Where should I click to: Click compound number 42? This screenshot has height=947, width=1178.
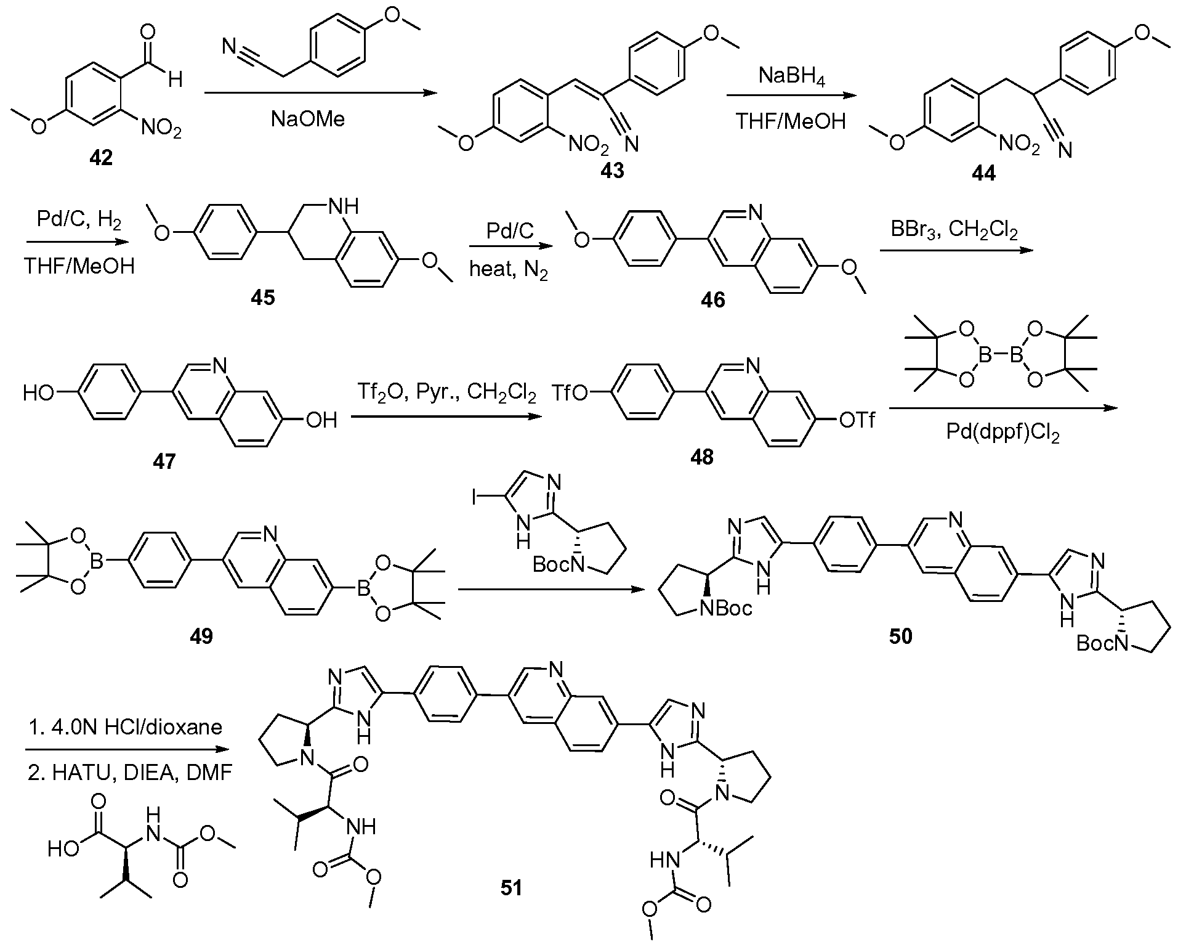[x=101, y=158]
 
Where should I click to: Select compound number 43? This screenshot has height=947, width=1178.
[x=613, y=170]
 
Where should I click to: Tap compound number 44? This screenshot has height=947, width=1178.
[x=983, y=174]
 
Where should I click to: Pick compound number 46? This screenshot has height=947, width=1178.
[x=712, y=299]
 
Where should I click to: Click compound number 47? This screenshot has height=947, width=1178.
[x=164, y=461]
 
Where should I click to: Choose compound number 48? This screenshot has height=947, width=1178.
[x=702, y=457]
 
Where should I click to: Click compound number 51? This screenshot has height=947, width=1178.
[x=512, y=888]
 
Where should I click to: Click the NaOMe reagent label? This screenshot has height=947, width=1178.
[x=308, y=118]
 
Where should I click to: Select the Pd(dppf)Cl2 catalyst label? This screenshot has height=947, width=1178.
[x=1003, y=436]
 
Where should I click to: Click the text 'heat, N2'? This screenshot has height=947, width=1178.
[x=508, y=270]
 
